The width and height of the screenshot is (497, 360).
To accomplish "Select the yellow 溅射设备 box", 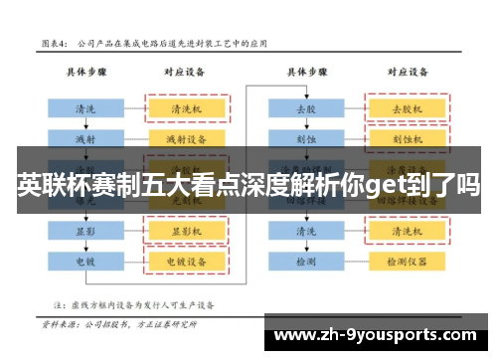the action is (187, 137).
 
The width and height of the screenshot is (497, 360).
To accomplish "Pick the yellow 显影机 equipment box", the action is (187, 230).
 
